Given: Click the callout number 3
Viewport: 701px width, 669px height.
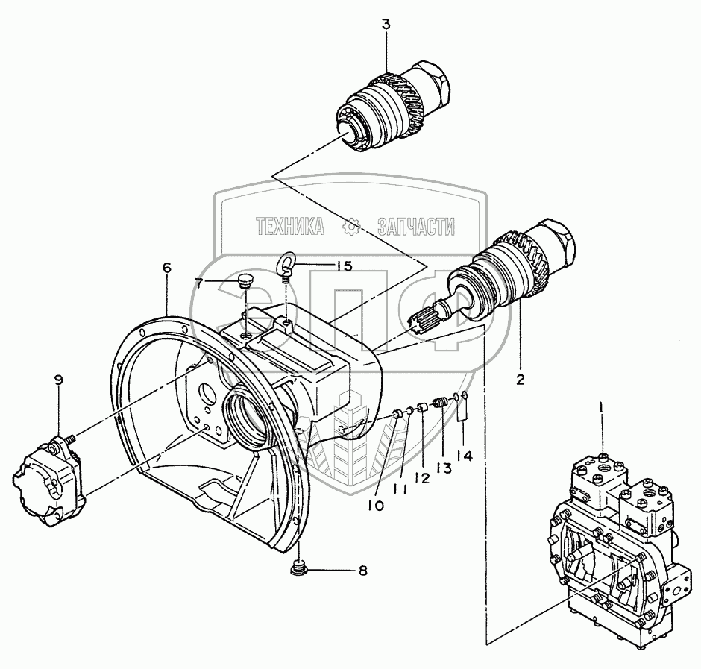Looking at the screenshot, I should pyautogui.click(x=386, y=25).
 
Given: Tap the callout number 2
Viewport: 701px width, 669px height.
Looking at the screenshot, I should pyautogui.click(x=520, y=379).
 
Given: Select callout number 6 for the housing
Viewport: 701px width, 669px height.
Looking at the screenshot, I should pyautogui.click(x=166, y=267).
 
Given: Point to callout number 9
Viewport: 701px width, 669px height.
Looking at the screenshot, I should pyautogui.click(x=59, y=379).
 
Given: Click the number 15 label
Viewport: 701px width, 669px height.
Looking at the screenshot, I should pyautogui.click(x=343, y=266).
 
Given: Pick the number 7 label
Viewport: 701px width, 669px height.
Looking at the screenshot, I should pyautogui.click(x=198, y=282).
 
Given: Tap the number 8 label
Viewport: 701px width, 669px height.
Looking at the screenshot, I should pyautogui.click(x=362, y=571).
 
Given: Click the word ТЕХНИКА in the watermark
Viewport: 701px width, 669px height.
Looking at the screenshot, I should pyautogui.click(x=290, y=226).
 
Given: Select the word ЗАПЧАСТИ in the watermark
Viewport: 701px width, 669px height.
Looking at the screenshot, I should pyautogui.click(x=416, y=226).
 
